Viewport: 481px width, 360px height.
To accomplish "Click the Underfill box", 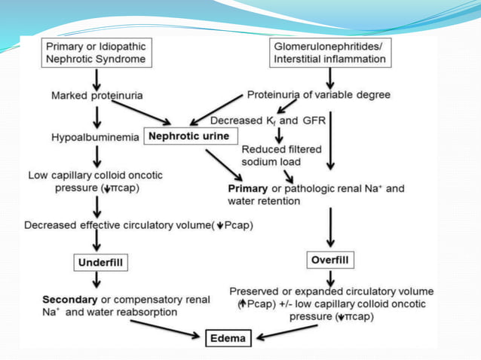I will click(x=100, y=262).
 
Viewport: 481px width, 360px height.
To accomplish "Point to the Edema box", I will click(x=227, y=338).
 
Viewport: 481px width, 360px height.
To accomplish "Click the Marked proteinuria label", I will click(x=97, y=96).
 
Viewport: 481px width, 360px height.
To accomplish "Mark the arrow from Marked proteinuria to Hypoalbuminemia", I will click(x=97, y=117).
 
